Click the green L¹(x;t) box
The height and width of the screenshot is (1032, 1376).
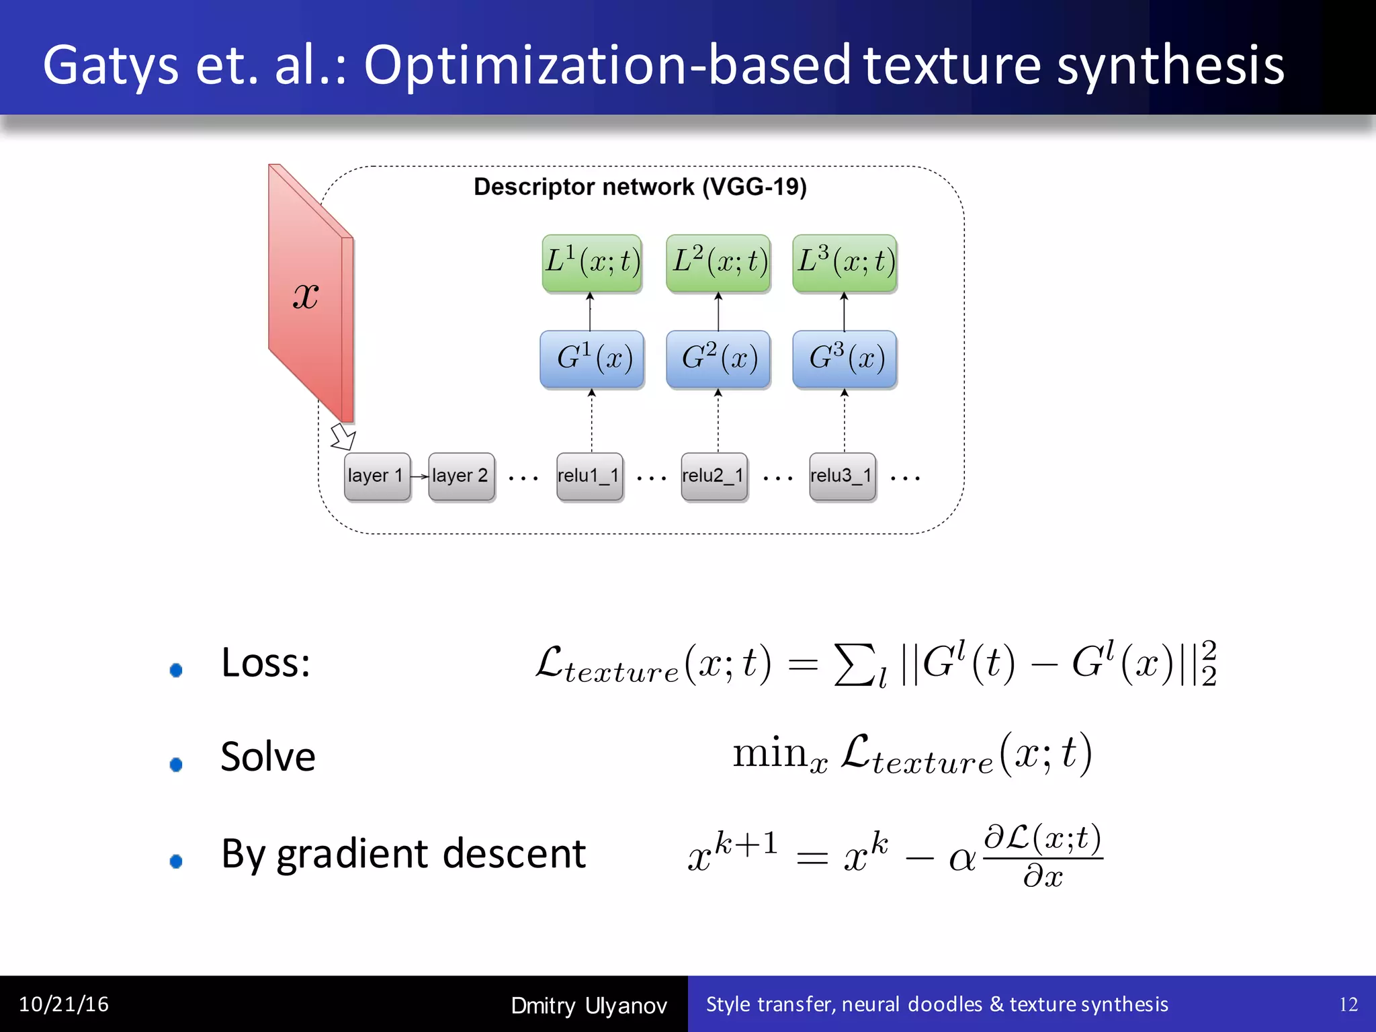pos(592,263)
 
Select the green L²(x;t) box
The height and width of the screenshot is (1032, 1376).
pos(718,263)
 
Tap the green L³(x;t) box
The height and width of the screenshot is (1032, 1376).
pos(845,263)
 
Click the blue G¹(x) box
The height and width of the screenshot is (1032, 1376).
pos(592,359)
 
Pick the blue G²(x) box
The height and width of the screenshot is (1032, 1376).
pos(718,359)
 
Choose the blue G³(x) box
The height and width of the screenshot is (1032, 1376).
pos(845,359)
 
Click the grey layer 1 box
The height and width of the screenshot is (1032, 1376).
pos(377,476)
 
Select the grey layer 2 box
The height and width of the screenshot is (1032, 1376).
pos(462,476)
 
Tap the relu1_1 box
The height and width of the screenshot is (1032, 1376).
pos(589,476)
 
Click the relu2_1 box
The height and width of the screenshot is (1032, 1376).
pos(714,476)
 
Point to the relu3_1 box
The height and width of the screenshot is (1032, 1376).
pos(843,476)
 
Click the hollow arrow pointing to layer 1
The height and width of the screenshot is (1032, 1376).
pos(343,437)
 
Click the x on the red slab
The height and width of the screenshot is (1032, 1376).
pos(306,296)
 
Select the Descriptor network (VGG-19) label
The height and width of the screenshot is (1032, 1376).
pos(640,187)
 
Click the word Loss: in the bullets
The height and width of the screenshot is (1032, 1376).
pos(265,663)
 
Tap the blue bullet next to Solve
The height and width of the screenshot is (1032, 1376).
pos(176,765)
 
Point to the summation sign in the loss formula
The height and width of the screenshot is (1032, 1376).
pos(854,664)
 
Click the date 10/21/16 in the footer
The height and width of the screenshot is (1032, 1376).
pos(64,1004)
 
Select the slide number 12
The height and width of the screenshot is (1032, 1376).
pos(1348,1004)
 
